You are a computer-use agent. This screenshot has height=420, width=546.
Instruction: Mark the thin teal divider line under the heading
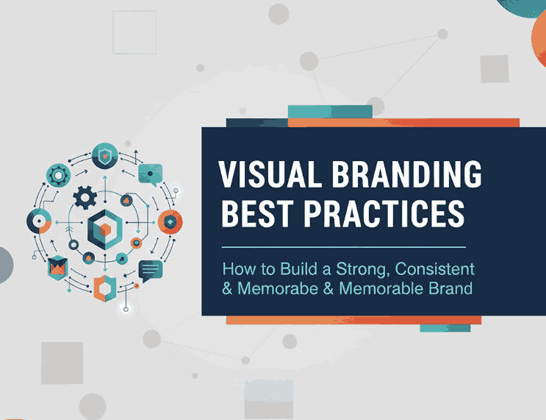click(x=343, y=247)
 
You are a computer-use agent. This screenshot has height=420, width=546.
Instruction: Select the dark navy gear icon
click(x=86, y=196)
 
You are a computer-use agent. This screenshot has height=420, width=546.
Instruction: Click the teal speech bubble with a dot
click(x=151, y=174)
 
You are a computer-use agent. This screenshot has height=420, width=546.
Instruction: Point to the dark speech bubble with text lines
click(x=150, y=270)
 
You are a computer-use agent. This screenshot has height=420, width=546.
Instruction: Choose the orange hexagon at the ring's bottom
click(x=104, y=288)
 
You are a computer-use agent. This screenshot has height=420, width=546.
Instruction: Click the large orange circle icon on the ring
click(x=170, y=221)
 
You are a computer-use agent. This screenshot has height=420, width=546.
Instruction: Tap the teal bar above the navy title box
click(x=330, y=111)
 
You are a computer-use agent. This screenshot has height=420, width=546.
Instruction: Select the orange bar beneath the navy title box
click(x=353, y=320)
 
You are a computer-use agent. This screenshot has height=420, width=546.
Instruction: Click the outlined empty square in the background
click(x=134, y=33)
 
